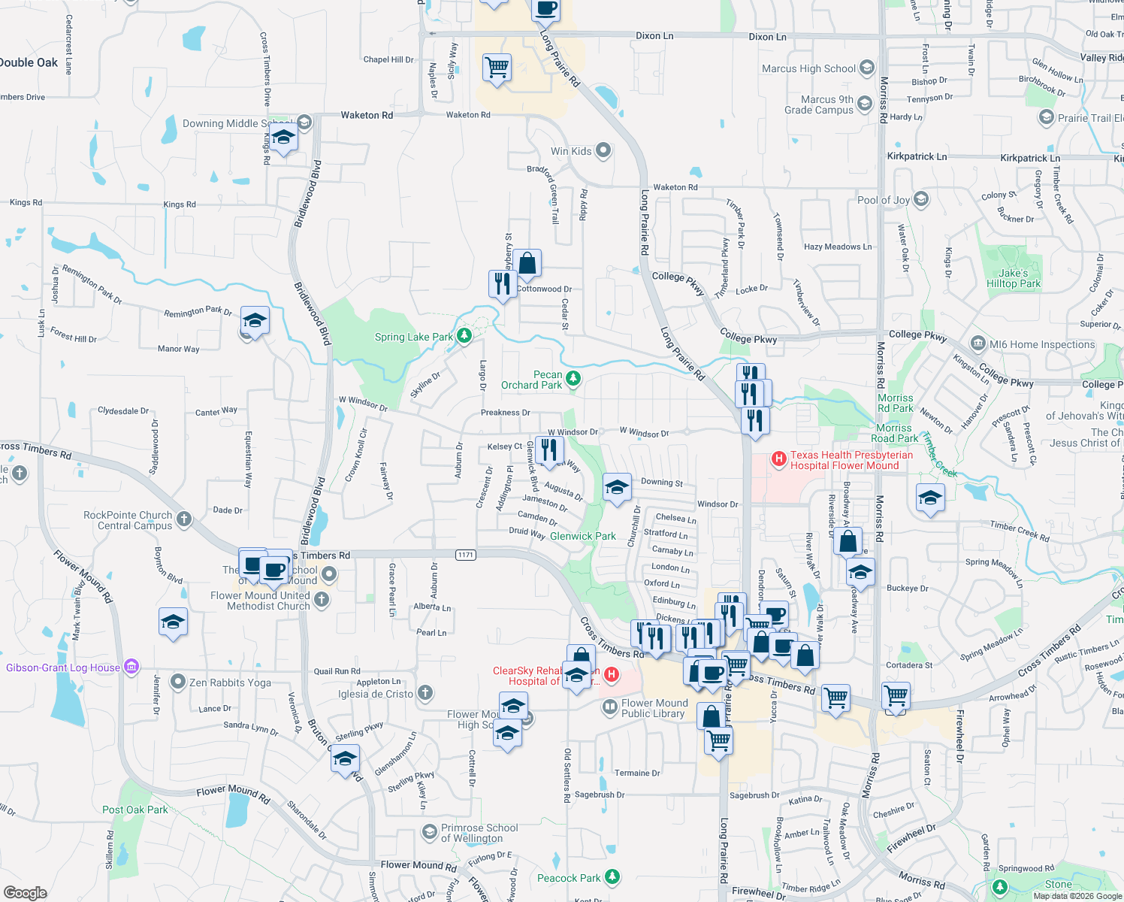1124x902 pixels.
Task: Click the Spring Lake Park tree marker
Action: pos(464,335)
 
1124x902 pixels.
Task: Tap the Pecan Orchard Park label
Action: pos(532,380)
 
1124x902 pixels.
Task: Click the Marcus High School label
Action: pos(808,68)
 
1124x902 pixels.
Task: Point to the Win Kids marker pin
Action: pos(603,150)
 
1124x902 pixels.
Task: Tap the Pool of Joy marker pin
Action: pos(921,199)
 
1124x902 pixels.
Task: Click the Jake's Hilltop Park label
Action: pos(1014,278)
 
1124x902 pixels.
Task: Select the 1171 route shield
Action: pos(466,555)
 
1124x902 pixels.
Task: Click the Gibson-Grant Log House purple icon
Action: pos(131,666)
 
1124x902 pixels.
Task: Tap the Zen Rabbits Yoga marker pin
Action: pos(177,682)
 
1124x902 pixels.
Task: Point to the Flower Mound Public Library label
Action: pos(653,708)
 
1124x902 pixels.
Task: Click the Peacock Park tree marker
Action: pos(612,876)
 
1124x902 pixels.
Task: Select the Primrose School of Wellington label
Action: pos(479,833)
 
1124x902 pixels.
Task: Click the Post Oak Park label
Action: pos(135,810)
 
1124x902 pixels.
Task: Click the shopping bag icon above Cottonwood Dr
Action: pos(527,263)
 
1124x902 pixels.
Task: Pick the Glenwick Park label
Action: pos(582,536)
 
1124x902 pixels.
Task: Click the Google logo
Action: pos(26,892)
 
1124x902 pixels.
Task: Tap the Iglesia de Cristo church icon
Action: pos(425,692)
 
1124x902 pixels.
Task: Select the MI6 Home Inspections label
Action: pos(1042,344)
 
